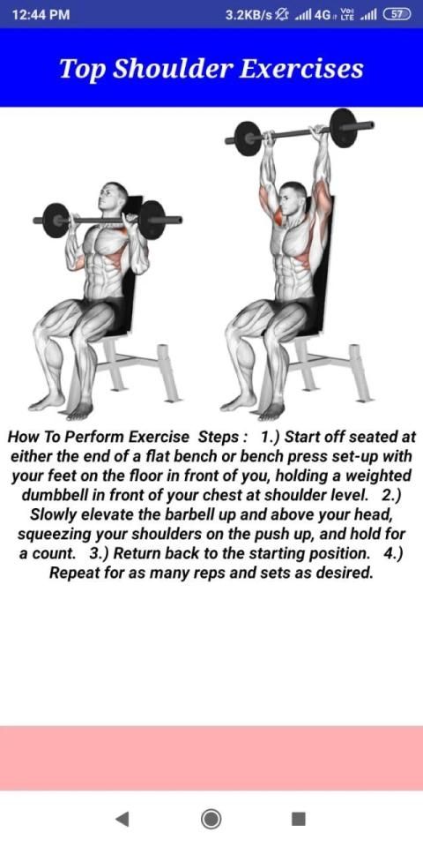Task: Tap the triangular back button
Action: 122,819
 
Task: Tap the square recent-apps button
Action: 299,819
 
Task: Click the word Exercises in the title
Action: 301,69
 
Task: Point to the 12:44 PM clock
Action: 41,15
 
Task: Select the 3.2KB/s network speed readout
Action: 249,15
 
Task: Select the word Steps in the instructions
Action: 219,437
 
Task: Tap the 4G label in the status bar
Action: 323,15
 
